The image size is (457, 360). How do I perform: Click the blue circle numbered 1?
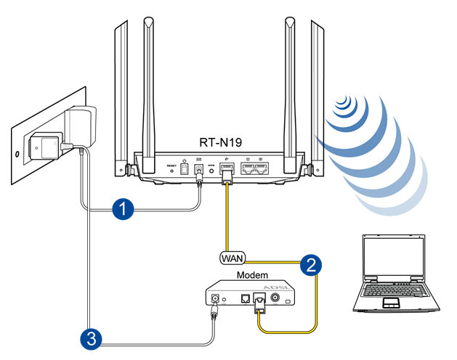click(x=124, y=209)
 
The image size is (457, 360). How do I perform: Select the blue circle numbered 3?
click(x=89, y=337)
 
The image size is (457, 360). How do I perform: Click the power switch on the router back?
click(x=184, y=168)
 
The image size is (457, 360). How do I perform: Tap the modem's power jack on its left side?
click(x=214, y=298)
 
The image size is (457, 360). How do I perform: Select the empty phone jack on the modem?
click(x=246, y=298)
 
